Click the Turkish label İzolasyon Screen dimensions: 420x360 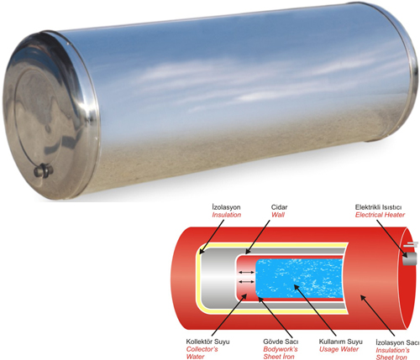226,207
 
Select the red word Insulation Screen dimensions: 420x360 227,215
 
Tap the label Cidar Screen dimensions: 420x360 279,207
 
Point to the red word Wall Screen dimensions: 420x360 278,215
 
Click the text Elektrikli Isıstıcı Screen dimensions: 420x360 378,207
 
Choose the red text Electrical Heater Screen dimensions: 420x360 380,215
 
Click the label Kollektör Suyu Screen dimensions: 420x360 207,342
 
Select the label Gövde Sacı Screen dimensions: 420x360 281,342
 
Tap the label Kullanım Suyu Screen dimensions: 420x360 341,342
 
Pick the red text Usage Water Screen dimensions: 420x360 339,349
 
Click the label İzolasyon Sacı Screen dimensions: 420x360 397,342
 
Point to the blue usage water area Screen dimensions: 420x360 299,279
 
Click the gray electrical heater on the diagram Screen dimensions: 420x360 409,258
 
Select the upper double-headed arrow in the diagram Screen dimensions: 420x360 246,272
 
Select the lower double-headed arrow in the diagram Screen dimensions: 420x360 246,282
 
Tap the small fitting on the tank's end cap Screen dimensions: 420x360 43,170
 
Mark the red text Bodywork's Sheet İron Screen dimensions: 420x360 281,352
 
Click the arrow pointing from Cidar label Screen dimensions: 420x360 258,237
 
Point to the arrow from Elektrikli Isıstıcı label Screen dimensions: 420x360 392,238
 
